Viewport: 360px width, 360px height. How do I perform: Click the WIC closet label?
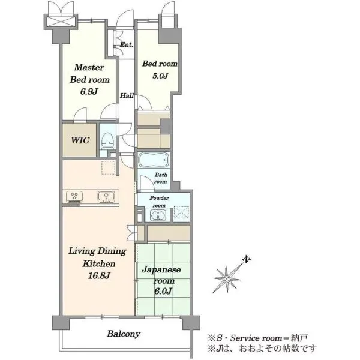tap(80, 140)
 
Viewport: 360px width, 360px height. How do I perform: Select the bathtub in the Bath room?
tap(154, 160)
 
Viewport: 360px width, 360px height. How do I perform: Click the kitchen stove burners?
tap(74, 197)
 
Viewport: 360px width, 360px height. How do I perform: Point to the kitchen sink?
tap(106, 197)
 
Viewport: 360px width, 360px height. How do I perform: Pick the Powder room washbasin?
tap(158, 215)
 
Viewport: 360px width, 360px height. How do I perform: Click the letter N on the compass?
tap(247, 259)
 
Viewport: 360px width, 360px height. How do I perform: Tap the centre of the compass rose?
tap(227, 279)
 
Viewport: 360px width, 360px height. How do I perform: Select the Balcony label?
tap(124, 334)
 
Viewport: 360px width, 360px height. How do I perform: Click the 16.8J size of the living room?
tap(99, 275)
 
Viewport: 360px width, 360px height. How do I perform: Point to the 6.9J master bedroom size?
tap(89, 91)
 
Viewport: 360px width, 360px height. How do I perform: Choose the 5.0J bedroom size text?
tap(160, 76)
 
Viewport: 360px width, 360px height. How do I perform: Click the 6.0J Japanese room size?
tap(163, 291)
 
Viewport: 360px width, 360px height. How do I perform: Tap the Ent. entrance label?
tap(127, 44)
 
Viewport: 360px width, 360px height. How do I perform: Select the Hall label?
tap(127, 95)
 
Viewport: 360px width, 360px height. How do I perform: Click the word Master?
tap(89, 67)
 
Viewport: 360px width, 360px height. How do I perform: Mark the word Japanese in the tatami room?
tap(161, 269)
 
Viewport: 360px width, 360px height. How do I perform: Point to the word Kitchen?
tap(99, 263)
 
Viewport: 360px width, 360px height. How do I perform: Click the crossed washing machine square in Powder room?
tap(181, 212)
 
